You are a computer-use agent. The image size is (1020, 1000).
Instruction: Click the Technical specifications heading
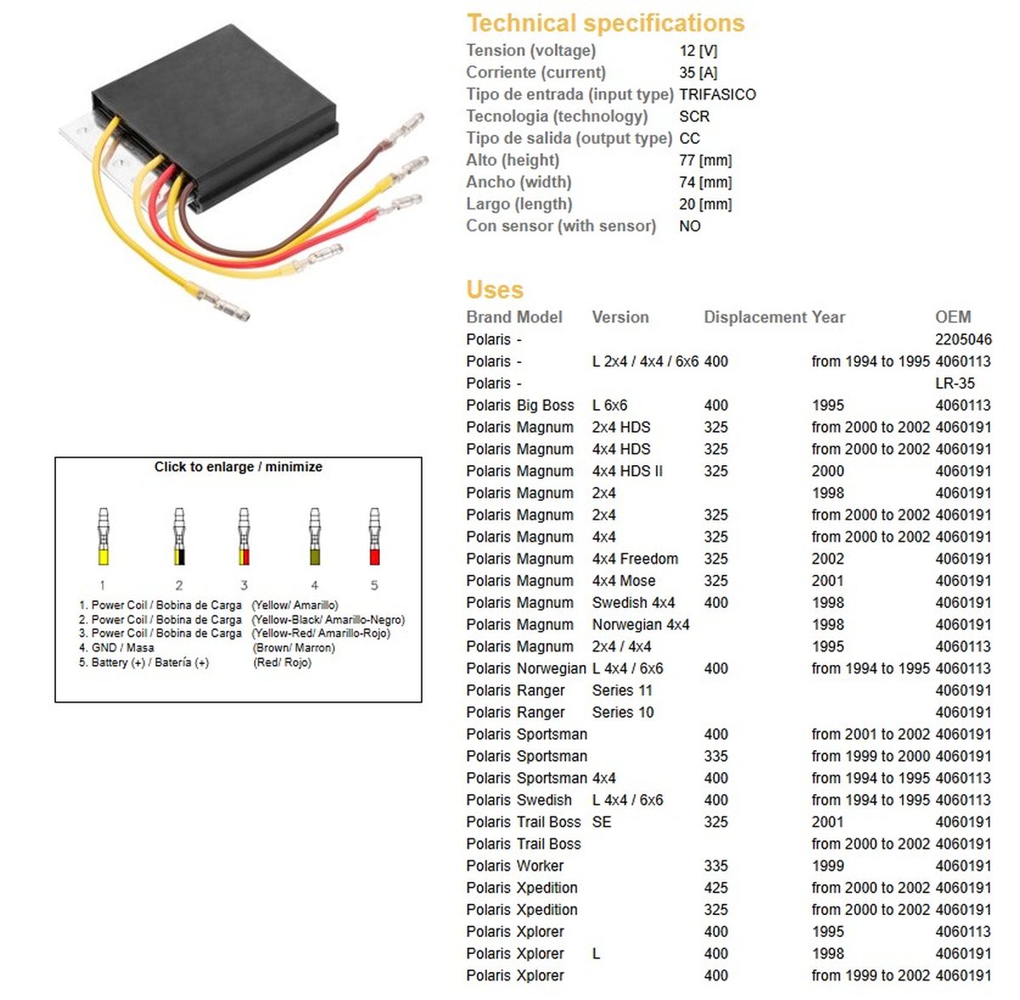coord(605,23)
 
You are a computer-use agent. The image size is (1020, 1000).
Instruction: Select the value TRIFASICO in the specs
coord(717,94)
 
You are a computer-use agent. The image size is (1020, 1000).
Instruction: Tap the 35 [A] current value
coord(698,72)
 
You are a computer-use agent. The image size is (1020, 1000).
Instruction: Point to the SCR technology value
coord(694,116)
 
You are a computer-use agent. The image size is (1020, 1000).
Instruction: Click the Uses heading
coord(495,290)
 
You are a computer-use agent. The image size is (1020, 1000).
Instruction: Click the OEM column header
coord(953,317)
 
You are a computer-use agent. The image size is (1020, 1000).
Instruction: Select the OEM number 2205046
coord(963,339)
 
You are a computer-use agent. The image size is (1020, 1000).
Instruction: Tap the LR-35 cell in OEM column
coord(955,384)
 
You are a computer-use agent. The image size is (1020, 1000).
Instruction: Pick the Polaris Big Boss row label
coord(520,406)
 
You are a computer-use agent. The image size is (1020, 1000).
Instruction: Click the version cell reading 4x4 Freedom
coord(635,559)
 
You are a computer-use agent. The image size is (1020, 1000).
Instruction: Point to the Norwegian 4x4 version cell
coord(641,625)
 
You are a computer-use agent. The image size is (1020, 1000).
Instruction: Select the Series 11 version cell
coord(622,690)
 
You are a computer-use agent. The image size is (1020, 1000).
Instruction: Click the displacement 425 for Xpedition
coord(716,888)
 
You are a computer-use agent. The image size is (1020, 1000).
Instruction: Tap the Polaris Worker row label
coord(515,866)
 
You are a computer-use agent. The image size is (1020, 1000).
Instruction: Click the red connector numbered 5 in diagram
coord(374,537)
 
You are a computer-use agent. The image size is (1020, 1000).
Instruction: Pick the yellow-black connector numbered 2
coord(179,537)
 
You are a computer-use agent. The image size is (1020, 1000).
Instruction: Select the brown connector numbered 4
coord(314,537)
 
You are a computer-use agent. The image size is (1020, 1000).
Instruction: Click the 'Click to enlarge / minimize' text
coord(238,467)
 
